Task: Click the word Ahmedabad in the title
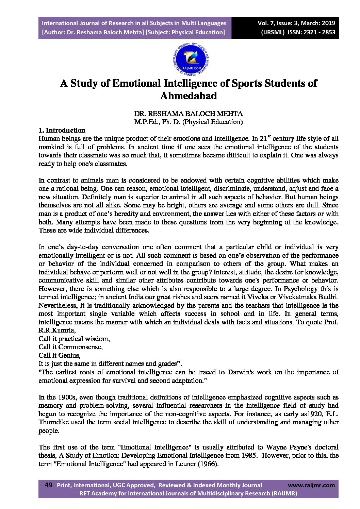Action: (x=188, y=96)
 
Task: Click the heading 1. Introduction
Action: (x=62, y=130)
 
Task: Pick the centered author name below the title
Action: (x=188, y=114)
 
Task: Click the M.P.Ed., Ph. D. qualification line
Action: (x=188, y=122)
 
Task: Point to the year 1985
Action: (x=248, y=455)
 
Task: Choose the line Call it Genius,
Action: (x=60, y=355)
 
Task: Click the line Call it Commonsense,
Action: (x=70, y=347)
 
